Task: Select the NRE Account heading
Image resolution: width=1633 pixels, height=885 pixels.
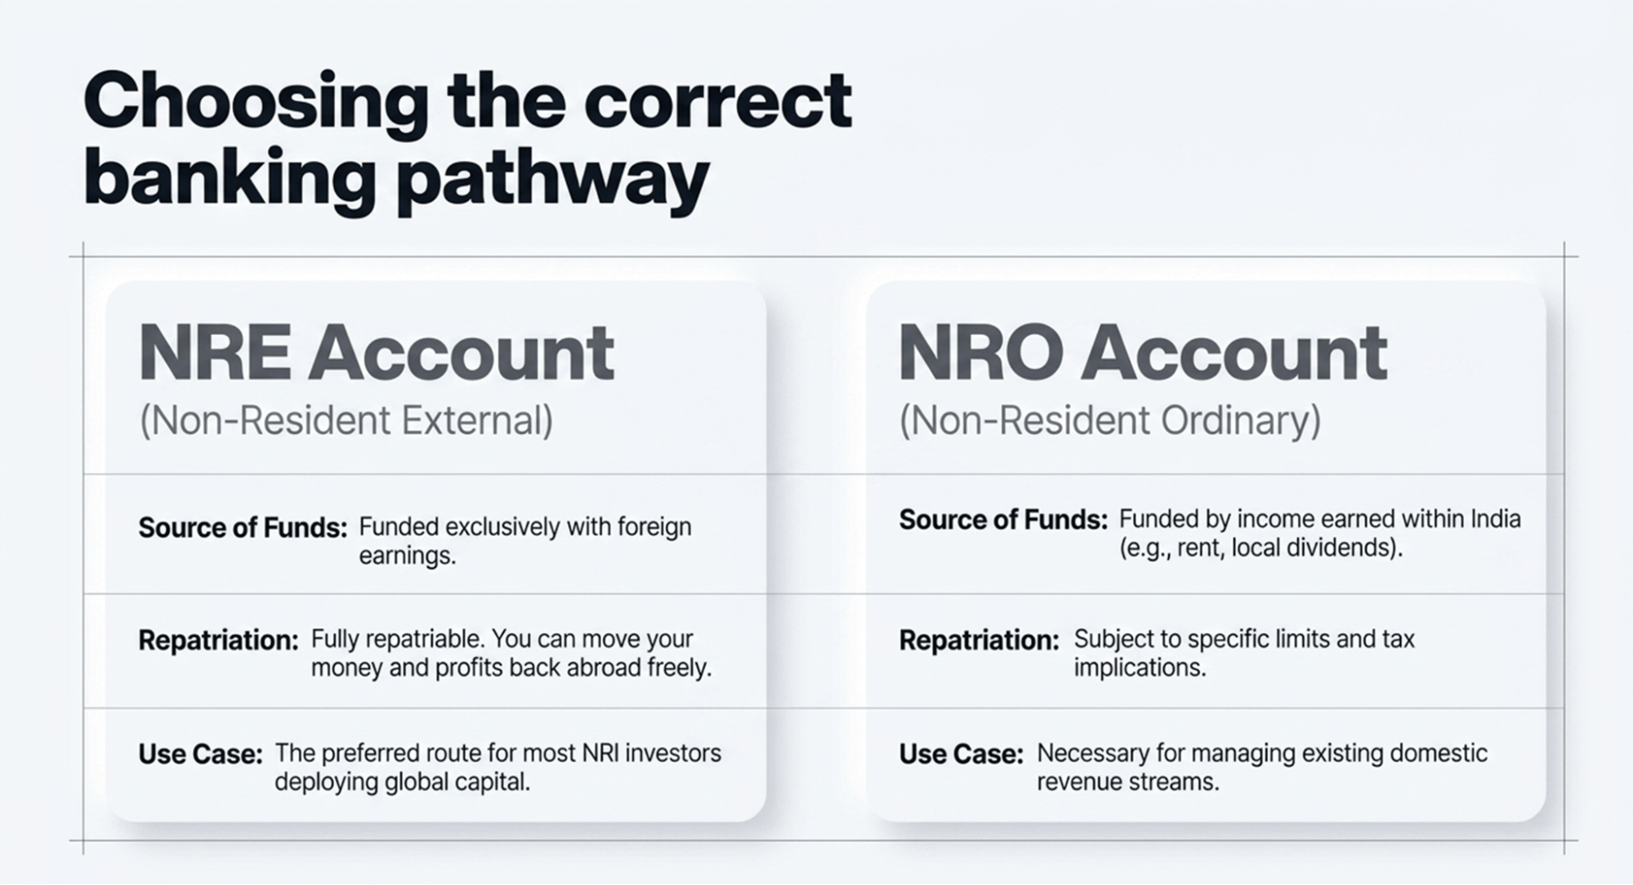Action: pos(376,353)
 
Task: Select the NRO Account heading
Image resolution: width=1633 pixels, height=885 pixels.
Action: pos(1142,353)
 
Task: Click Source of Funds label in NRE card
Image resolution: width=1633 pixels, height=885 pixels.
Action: pos(243,528)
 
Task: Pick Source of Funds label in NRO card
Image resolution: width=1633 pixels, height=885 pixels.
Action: pos(1003,520)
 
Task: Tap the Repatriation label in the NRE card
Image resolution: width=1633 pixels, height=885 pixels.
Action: pos(218,640)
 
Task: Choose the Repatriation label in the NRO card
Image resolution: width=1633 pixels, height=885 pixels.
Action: pos(979,640)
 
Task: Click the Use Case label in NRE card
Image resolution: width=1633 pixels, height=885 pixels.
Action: pos(200,753)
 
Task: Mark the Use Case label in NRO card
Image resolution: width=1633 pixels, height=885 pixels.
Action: pos(961,753)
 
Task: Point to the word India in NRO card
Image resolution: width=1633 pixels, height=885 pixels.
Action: pos(1495,519)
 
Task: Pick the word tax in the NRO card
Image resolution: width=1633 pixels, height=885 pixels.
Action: pos(1398,638)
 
